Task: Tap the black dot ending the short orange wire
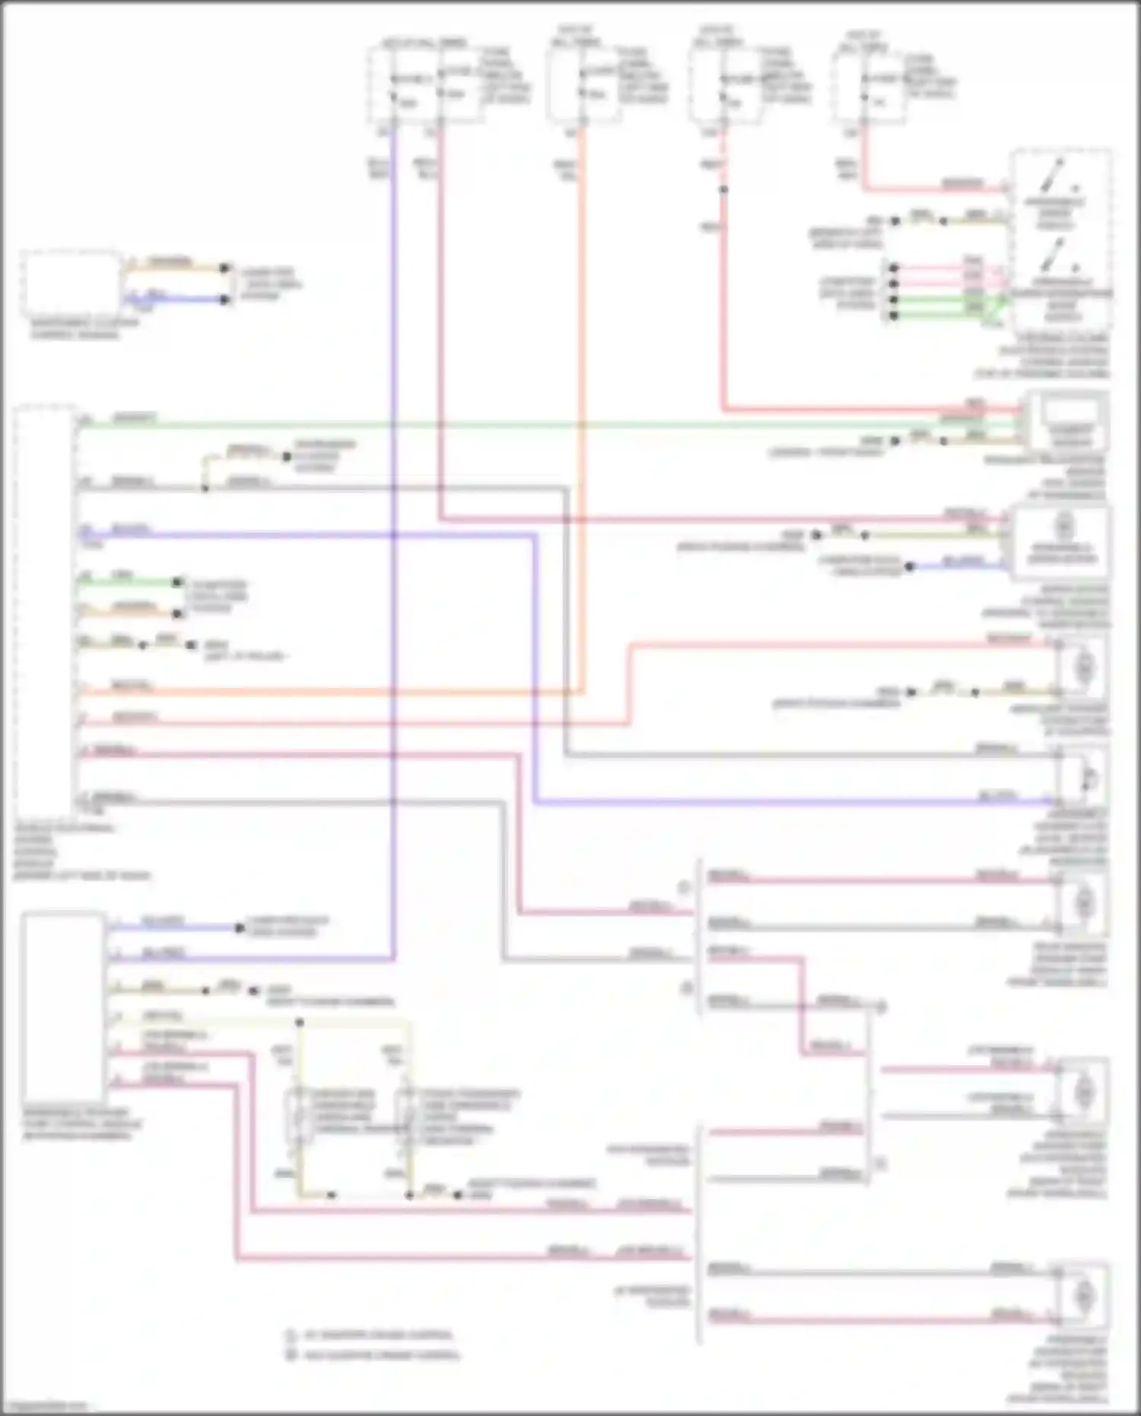click(x=224, y=268)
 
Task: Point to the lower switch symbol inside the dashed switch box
click(x=1057, y=257)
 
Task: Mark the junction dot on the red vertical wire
click(x=723, y=189)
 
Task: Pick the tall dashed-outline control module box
click(x=46, y=609)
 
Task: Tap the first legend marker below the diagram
click(x=290, y=1335)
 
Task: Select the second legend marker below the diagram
click(x=290, y=1354)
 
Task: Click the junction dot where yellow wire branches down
click(x=300, y=1022)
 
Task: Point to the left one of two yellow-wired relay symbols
click(x=299, y=1115)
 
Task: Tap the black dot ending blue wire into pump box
click(x=910, y=567)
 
